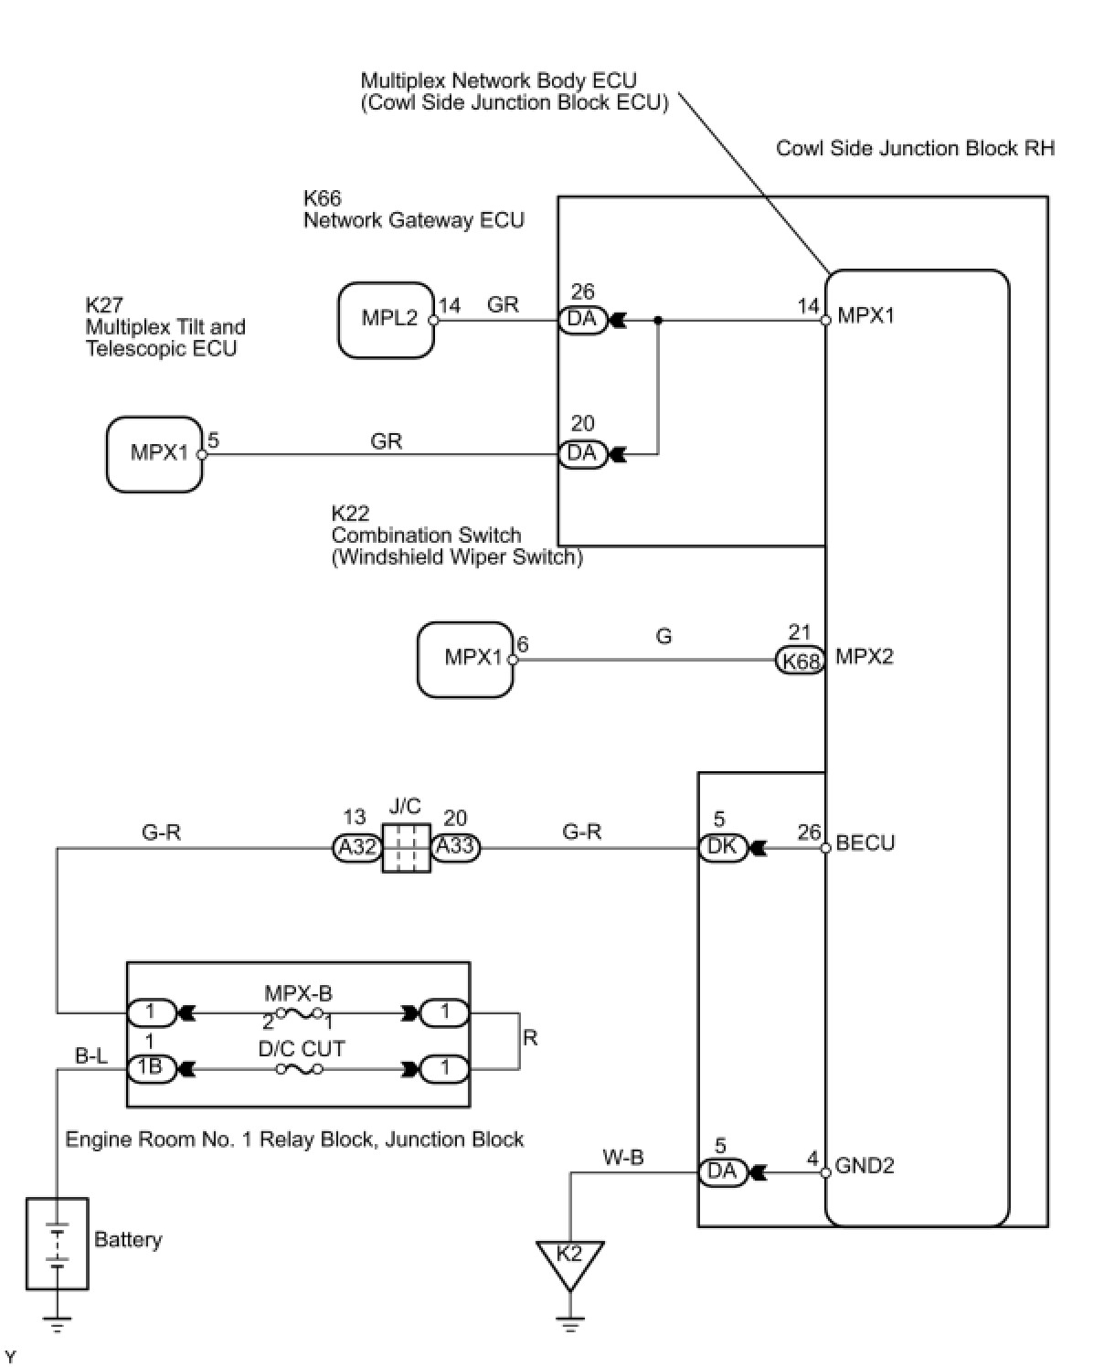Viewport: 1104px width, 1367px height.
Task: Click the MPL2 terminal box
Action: coord(386,320)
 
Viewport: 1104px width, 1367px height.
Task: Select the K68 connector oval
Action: coord(800,660)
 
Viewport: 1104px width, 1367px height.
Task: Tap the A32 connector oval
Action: coord(356,848)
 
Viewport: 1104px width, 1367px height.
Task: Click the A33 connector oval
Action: coord(455,848)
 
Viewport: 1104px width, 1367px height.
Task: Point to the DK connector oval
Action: coord(722,848)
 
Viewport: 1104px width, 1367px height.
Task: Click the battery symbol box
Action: coord(58,1243)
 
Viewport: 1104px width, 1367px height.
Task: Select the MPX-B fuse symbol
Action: coord(299,1013)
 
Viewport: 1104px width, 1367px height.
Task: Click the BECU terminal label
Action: coord(865,842)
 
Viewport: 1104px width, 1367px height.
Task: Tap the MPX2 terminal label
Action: coord(864,657)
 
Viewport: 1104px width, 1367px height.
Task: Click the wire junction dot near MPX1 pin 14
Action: coord(658,320)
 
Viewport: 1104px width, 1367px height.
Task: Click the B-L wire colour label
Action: coord(91,1055)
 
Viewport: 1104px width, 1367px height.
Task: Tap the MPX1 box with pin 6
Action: coord(464,659)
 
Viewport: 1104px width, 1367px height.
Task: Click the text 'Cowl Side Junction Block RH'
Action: coord(916,148)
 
